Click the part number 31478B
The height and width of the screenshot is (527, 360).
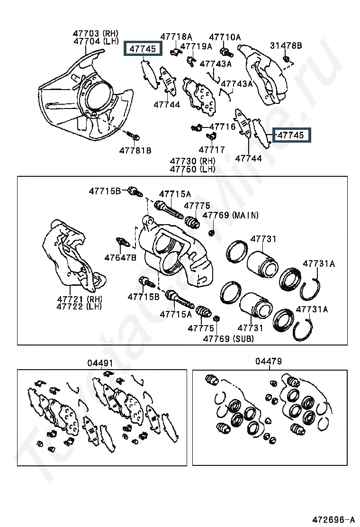286,45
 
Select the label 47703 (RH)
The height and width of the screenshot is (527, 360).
95,34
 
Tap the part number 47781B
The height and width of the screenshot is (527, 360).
135,151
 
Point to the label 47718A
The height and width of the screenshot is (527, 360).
176,36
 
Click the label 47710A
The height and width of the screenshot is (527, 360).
225,36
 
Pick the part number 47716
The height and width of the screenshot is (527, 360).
222,127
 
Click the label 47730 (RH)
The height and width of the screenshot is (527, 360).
192,161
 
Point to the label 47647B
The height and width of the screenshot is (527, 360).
121,257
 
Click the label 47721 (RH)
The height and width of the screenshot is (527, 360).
80,299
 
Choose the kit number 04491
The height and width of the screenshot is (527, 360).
100,363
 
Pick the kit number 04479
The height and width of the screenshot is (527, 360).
269,362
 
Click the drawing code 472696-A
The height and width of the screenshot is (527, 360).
333,519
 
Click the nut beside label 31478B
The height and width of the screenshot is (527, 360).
286,59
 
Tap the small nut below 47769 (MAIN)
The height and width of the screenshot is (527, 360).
212,232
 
